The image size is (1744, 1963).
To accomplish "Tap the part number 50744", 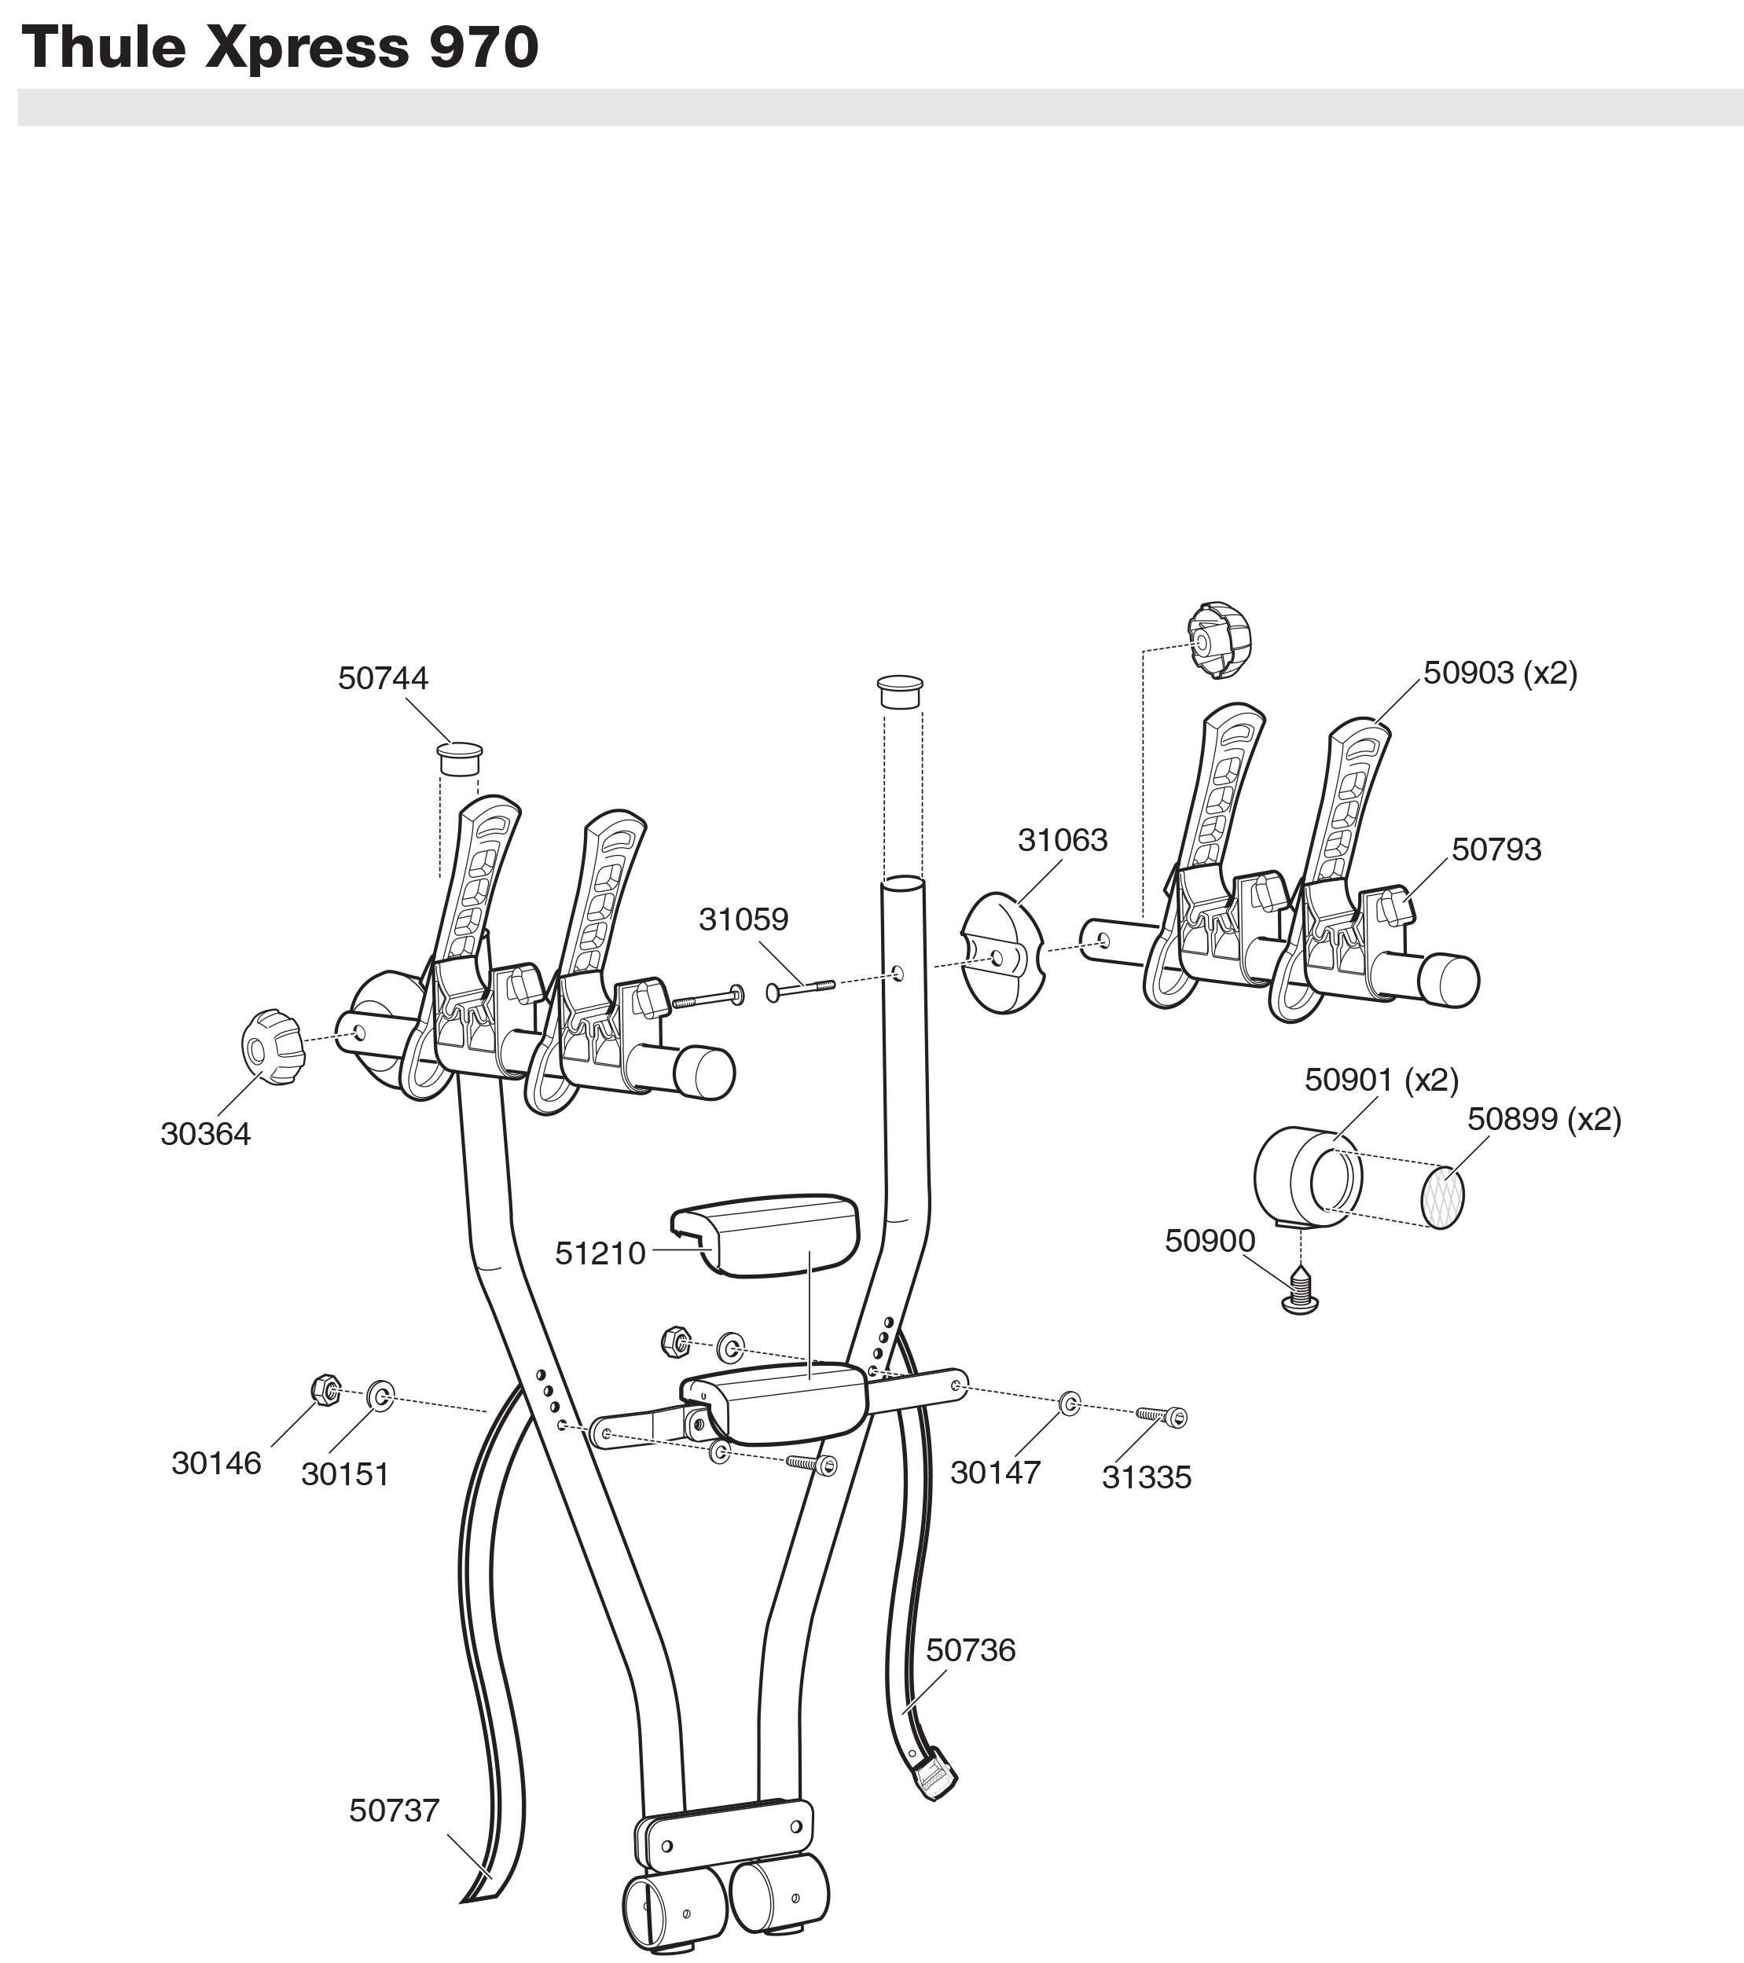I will (x=382, y=678).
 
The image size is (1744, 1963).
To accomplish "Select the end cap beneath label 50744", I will (x=459, y=758).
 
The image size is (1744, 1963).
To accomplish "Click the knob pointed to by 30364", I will (x=272, y=1047).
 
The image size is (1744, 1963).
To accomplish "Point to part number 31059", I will (x=743, y=919).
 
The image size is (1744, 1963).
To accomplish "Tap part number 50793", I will (x=1496, y=849).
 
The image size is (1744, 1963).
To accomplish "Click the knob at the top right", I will (x=1220, y=640).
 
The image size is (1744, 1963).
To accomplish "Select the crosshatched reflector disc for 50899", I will (x=1442, y=1197).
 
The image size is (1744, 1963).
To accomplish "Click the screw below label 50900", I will (x=1300, y=1291).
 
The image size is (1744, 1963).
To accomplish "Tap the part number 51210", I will (x=600, y=1253).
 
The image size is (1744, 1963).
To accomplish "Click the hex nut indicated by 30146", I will (x=326, y=1389).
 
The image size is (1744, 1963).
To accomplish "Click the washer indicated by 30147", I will (x=1069, y=1404).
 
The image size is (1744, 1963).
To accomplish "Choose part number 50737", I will (x=394, y=1811).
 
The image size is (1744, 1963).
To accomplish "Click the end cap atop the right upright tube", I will (x=900, y=691).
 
